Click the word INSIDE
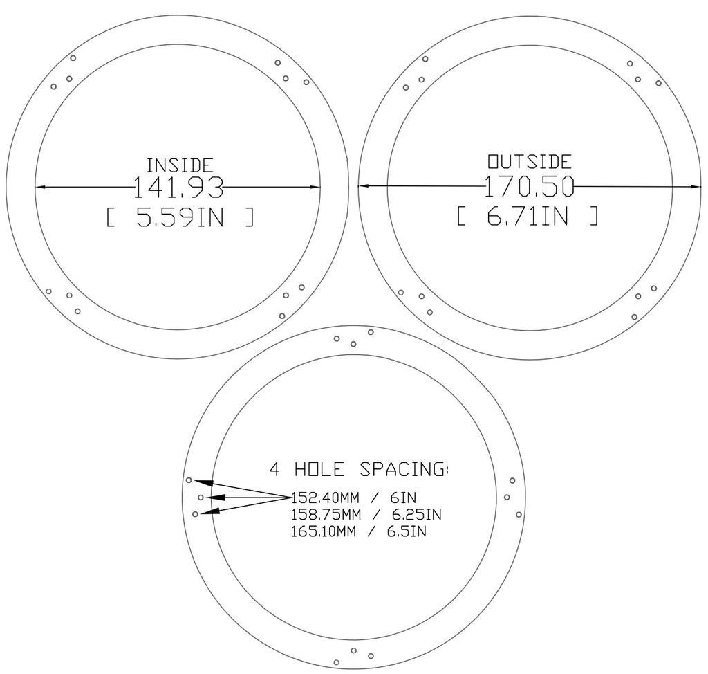tap(180, 165)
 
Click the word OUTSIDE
tap(530, 162)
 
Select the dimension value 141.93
tap(178, 188)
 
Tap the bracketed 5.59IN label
tap(180, 219)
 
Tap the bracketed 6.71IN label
tap(528, 217)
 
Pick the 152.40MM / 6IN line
tap(354, 497)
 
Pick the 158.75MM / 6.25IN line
tap(366, 515)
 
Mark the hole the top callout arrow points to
tap(189, 480)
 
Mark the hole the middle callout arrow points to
tap(201, 497)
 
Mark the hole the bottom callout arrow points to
tap(195, 513)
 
